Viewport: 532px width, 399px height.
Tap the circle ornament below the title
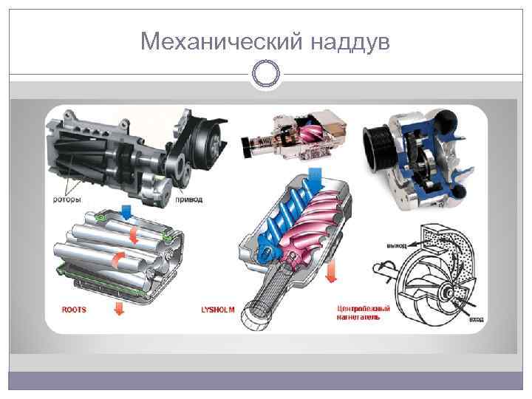tap(266, 74)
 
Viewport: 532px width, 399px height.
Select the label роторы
tap(67, 199)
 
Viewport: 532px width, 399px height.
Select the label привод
tap(189, 199)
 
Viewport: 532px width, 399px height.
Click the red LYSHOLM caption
tap(217, 310)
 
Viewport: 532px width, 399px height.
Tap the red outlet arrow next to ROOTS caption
tap(117, 308)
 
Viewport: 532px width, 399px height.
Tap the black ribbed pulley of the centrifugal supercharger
tap(381, 144)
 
